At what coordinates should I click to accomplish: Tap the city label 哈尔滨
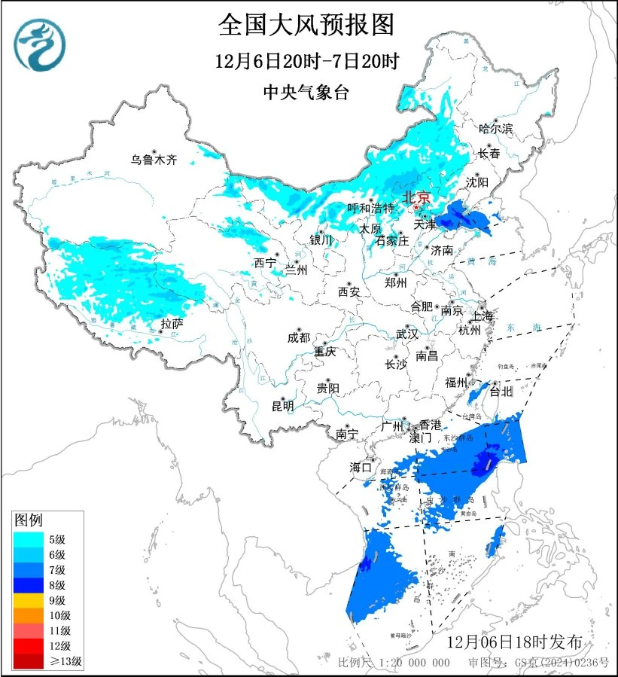495,129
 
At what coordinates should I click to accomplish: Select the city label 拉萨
172,325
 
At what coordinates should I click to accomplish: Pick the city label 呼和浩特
371,208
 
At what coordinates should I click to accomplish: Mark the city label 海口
361,468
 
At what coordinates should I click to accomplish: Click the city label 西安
349,291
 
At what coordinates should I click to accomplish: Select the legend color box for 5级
31,538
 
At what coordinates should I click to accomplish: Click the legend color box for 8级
31,584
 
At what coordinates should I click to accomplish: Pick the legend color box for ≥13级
31,661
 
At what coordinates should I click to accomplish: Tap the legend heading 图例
29,520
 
